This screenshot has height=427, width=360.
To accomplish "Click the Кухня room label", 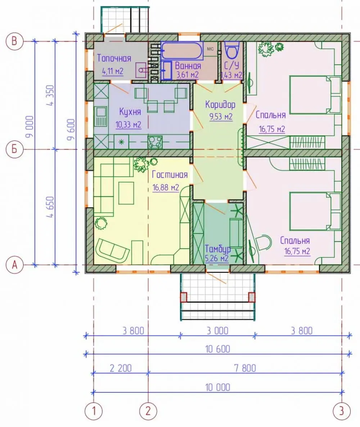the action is click(x=130, y=112).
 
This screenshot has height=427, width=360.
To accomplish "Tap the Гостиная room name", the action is click(x=170, y=174).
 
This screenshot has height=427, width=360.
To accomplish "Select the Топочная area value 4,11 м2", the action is click(x=113, y=71).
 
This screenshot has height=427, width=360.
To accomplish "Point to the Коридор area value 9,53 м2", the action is click(x=221, y=116).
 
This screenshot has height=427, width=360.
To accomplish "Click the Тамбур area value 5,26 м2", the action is click(x=217, y=258).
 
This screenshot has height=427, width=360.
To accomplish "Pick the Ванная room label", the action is click(x=188, y=66).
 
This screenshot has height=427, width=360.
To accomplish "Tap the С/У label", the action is click(x=231, y=65).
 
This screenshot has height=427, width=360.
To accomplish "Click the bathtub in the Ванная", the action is click(x=182, y=51).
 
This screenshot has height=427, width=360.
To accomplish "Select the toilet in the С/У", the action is click(x=232, y=50).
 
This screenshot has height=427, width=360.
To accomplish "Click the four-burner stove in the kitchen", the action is click(x=155, y=142).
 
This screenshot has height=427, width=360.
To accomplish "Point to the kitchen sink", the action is click(x=101, y=116).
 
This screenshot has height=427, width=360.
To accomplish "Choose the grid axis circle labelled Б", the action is click(x=14, y=149).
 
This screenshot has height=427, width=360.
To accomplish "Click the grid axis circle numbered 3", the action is click(x=342, y=411).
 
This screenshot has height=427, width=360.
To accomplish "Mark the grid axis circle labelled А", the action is click(x=14, y=264).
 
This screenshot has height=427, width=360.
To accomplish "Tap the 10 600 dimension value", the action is click(x=218, y=349).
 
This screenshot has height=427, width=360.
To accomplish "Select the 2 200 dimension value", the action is click(x=121, y=368).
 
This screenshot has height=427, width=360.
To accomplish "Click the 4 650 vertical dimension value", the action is click(x=51, y=207).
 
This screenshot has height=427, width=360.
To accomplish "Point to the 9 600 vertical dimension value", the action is click(x=71, y=129).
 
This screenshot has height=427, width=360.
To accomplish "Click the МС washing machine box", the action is click(x=210, y=49).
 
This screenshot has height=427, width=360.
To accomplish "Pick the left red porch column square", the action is click(x=184, y=297).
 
